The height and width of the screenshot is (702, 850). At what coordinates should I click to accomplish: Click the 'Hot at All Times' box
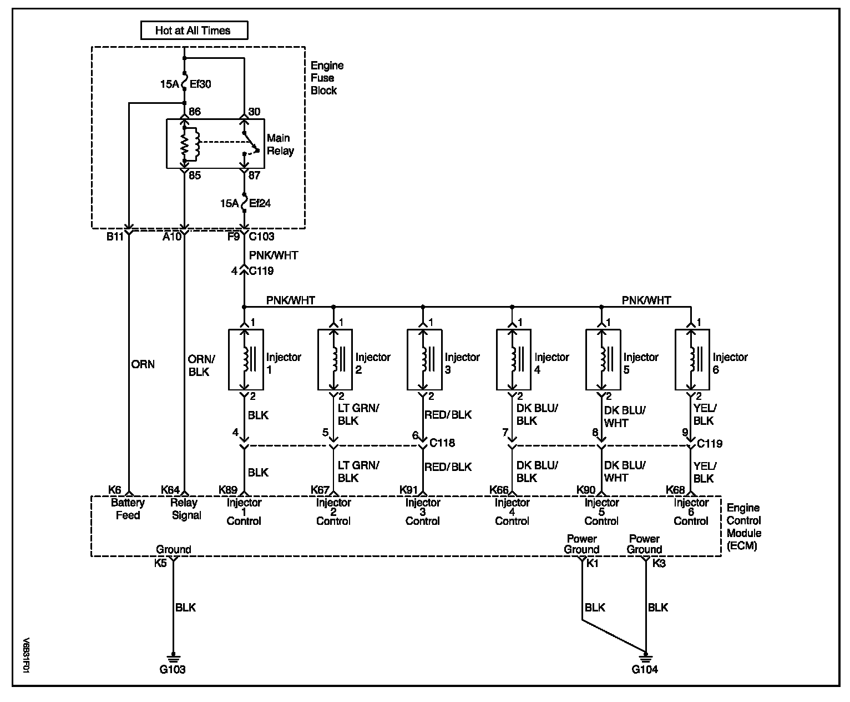[193, 31]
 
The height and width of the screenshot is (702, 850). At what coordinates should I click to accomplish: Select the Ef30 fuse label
[201, 84]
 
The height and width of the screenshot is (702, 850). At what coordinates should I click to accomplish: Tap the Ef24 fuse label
[260, 203]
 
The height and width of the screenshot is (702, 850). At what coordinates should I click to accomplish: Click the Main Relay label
[280, 144]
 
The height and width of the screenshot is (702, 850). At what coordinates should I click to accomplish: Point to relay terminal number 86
[194, 112]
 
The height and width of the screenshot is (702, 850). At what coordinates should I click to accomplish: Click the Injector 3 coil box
[424, 359]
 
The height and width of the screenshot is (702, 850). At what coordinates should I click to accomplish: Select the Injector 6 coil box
[692, 359]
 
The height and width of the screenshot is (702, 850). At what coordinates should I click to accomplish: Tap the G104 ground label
[645, 669]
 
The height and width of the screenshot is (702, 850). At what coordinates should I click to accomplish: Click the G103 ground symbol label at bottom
[173, 669]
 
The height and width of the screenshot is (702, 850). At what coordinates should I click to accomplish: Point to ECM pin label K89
[228, 489]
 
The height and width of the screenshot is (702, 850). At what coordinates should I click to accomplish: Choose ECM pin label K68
[676, 489]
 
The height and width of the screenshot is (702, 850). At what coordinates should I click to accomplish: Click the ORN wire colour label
[143, 364]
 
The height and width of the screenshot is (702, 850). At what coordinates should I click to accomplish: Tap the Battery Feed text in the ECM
[128, 509]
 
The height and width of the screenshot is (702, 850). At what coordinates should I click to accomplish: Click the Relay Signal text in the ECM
[186, 509]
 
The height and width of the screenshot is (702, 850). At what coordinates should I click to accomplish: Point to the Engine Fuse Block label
[327, 78]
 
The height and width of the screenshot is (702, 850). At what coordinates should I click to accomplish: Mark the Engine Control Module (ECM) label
[743, 526]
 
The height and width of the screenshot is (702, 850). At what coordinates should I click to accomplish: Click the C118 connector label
[442, 443]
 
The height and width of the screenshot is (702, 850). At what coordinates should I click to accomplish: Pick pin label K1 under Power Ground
[593, 563]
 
